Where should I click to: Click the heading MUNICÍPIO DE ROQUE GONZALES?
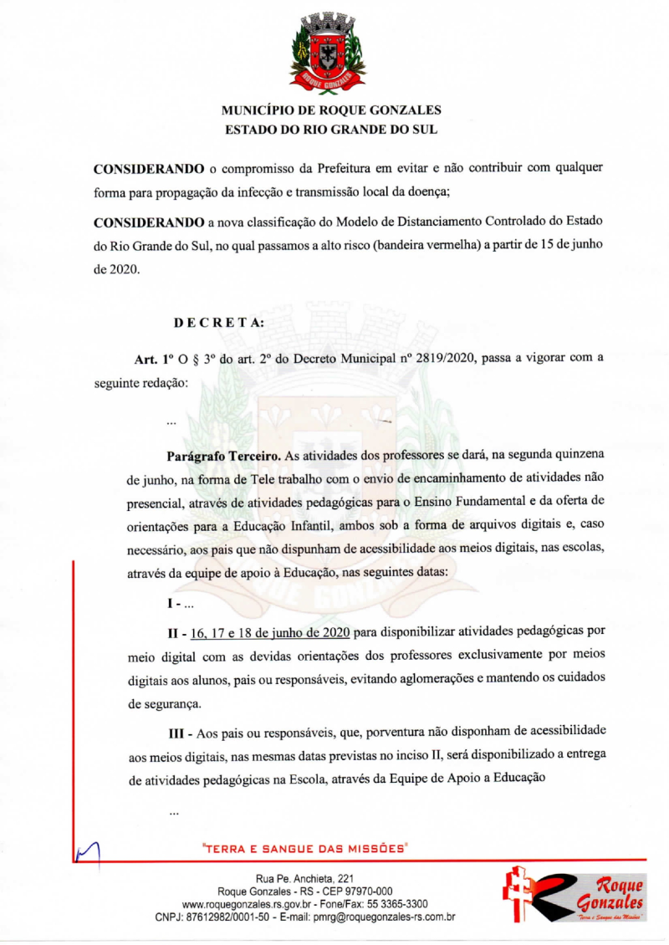tap(331, 110)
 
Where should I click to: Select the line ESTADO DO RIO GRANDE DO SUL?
tap(331, 130)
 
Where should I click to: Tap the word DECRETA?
tap(219, 322)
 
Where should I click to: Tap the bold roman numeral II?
tap(175, 630)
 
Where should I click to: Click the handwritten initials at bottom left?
tap(87, 852)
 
